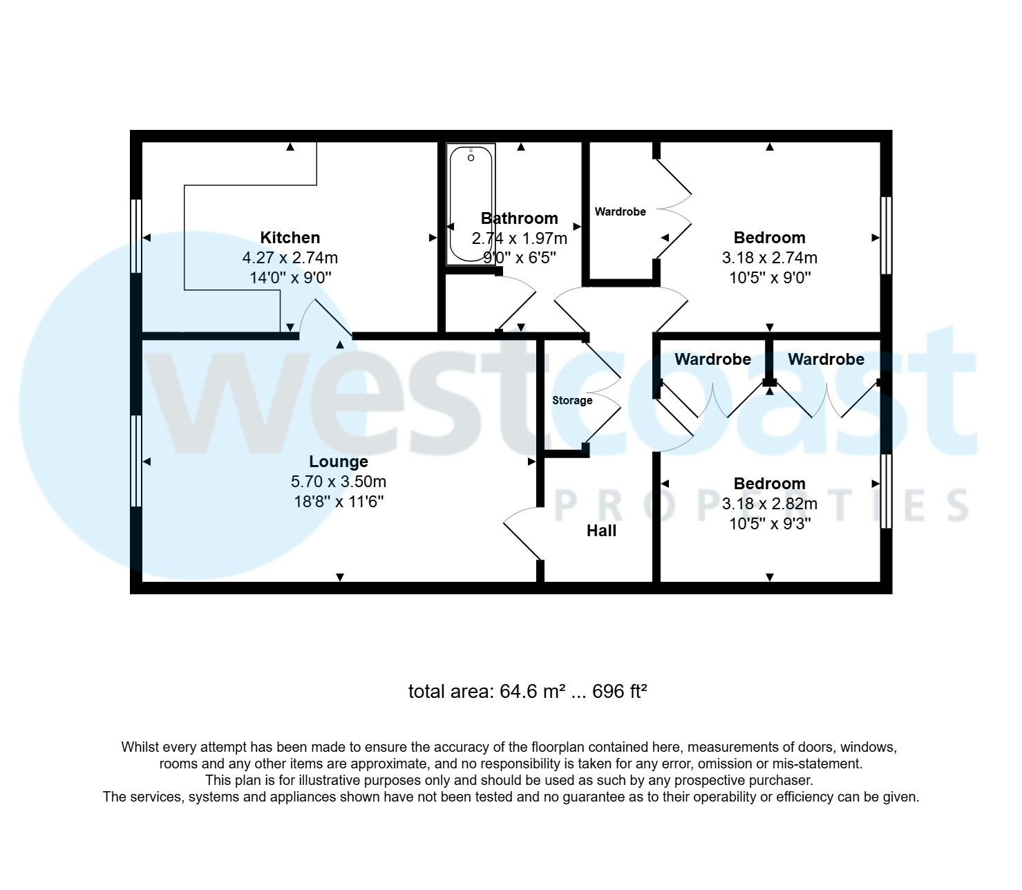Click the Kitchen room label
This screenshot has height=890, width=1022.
tap(290, 238)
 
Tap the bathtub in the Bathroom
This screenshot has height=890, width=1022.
tap(471, 205)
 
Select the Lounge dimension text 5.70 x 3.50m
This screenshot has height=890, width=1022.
tap(339, 482)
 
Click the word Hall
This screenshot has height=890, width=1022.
tap(601, 531)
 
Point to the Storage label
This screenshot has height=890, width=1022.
tap(572, 401)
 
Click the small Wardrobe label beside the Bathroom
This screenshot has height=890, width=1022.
tap(620, 211)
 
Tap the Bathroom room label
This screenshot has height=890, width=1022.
tap(520, 218)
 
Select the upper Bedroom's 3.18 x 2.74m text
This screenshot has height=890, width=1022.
tap(769, 258)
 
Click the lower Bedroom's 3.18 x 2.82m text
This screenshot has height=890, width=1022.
tap(769, 504)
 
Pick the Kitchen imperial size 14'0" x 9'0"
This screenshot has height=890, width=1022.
tap(290, 278)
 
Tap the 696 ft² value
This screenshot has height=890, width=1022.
tap(619, 692)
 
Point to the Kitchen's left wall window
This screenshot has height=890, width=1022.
tap(137, 236)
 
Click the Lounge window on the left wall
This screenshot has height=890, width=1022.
tap(137, 461)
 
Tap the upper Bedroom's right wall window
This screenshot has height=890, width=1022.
tap(886, 236)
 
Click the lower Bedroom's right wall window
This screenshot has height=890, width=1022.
tap(886, 491)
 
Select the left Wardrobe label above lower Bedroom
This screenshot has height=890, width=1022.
tap(712, 359)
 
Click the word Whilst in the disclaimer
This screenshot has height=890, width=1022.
tap(141, 747)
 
